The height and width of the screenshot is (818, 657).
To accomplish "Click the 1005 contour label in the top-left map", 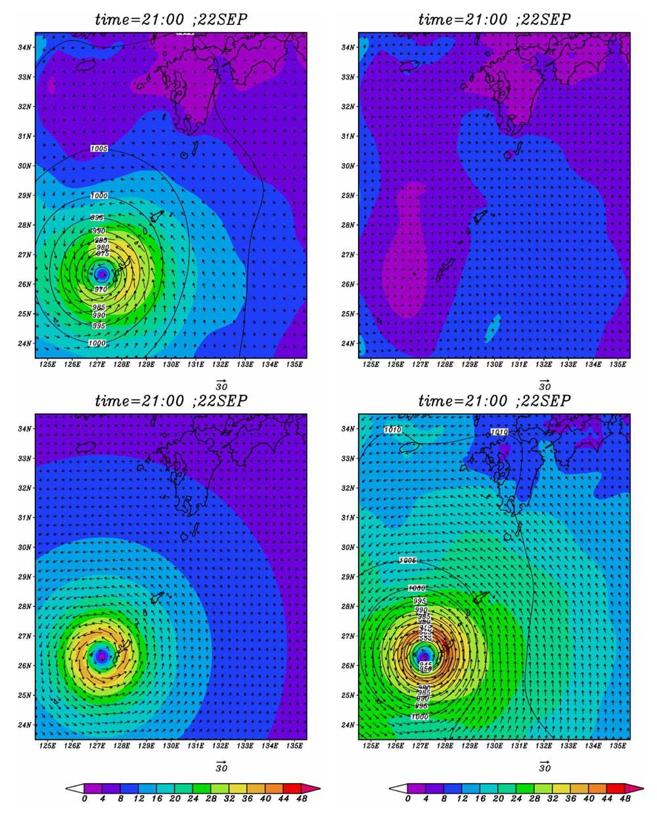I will pos(99,149).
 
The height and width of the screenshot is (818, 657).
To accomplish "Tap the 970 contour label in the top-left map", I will pos(101,290).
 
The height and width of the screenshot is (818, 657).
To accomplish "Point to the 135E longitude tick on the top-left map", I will pos(294,364).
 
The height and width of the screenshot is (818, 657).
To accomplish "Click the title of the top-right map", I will pos(494,19).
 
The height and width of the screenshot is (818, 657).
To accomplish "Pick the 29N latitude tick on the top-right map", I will pos(348,196).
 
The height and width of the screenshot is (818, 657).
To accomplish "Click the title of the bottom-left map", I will pos(171,400).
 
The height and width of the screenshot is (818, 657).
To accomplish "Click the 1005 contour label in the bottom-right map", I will pos(408,561).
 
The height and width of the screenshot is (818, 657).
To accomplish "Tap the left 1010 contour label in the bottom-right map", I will pos(392,430).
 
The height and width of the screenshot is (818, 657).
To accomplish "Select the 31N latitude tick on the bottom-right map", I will pos(348,517).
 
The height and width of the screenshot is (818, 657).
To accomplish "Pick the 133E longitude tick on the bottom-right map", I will pos(568,745).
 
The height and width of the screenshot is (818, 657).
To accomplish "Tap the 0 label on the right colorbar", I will pos(408,799).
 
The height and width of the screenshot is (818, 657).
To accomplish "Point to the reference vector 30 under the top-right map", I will pos(545,385).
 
